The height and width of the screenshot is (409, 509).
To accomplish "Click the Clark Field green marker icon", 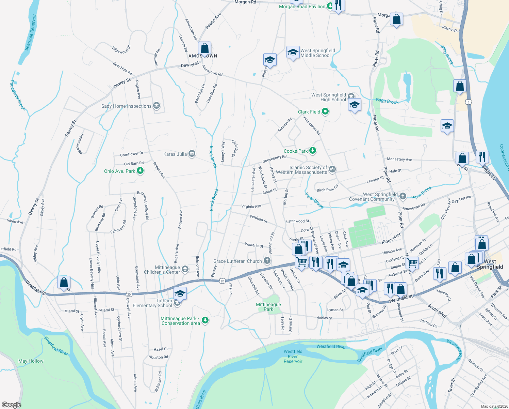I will pyautogui.click(x=325, y=111).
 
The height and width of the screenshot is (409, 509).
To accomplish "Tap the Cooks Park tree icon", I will pyautogui.click(x=313, y=151).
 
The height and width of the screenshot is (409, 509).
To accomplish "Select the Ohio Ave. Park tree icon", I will pyautogui.click(x=140, y=171).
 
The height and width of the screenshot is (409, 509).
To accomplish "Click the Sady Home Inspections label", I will pyautogui.click(x=126, y=106).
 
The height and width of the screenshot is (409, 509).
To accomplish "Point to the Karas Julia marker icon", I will pyautogui.click(x=192, y=154).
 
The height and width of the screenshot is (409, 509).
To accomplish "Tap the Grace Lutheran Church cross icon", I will pyautogui.click(x=267, y=261).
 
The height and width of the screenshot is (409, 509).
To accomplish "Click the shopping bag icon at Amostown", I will pyautogui.click(x=204, y=48).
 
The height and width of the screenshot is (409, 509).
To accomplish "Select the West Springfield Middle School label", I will pyautogui.click(x=317, y=53).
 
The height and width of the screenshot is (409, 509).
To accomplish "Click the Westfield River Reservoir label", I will pyautogui.click(x=293, y=356).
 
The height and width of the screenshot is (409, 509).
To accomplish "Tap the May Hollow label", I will pyautogui.click(x=31, y=361).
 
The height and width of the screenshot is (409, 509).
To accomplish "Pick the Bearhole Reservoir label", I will pyautogui.click(x=30, y=32).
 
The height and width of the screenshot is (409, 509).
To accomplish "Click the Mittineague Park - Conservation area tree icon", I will pyautogui.click(x=205, y=320).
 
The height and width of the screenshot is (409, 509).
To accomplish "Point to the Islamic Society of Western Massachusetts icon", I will pyautogui.click(x=332, y=169).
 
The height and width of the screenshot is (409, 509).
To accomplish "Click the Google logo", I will pyautogui.click(x=12, y=405).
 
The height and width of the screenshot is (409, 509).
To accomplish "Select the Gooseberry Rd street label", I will pyautogui.click(x=274, y=159).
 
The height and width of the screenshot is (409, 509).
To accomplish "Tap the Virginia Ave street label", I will pyautogui.click(x=251, y=207).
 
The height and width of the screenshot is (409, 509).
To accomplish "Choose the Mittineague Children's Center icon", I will pyautogui.click(x=185, y=269).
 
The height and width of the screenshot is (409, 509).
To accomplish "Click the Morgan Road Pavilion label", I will pyautogui.click(x=302, y=6).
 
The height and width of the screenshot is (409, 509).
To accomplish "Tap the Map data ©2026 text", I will pyautogui.click(x=494, y=406).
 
